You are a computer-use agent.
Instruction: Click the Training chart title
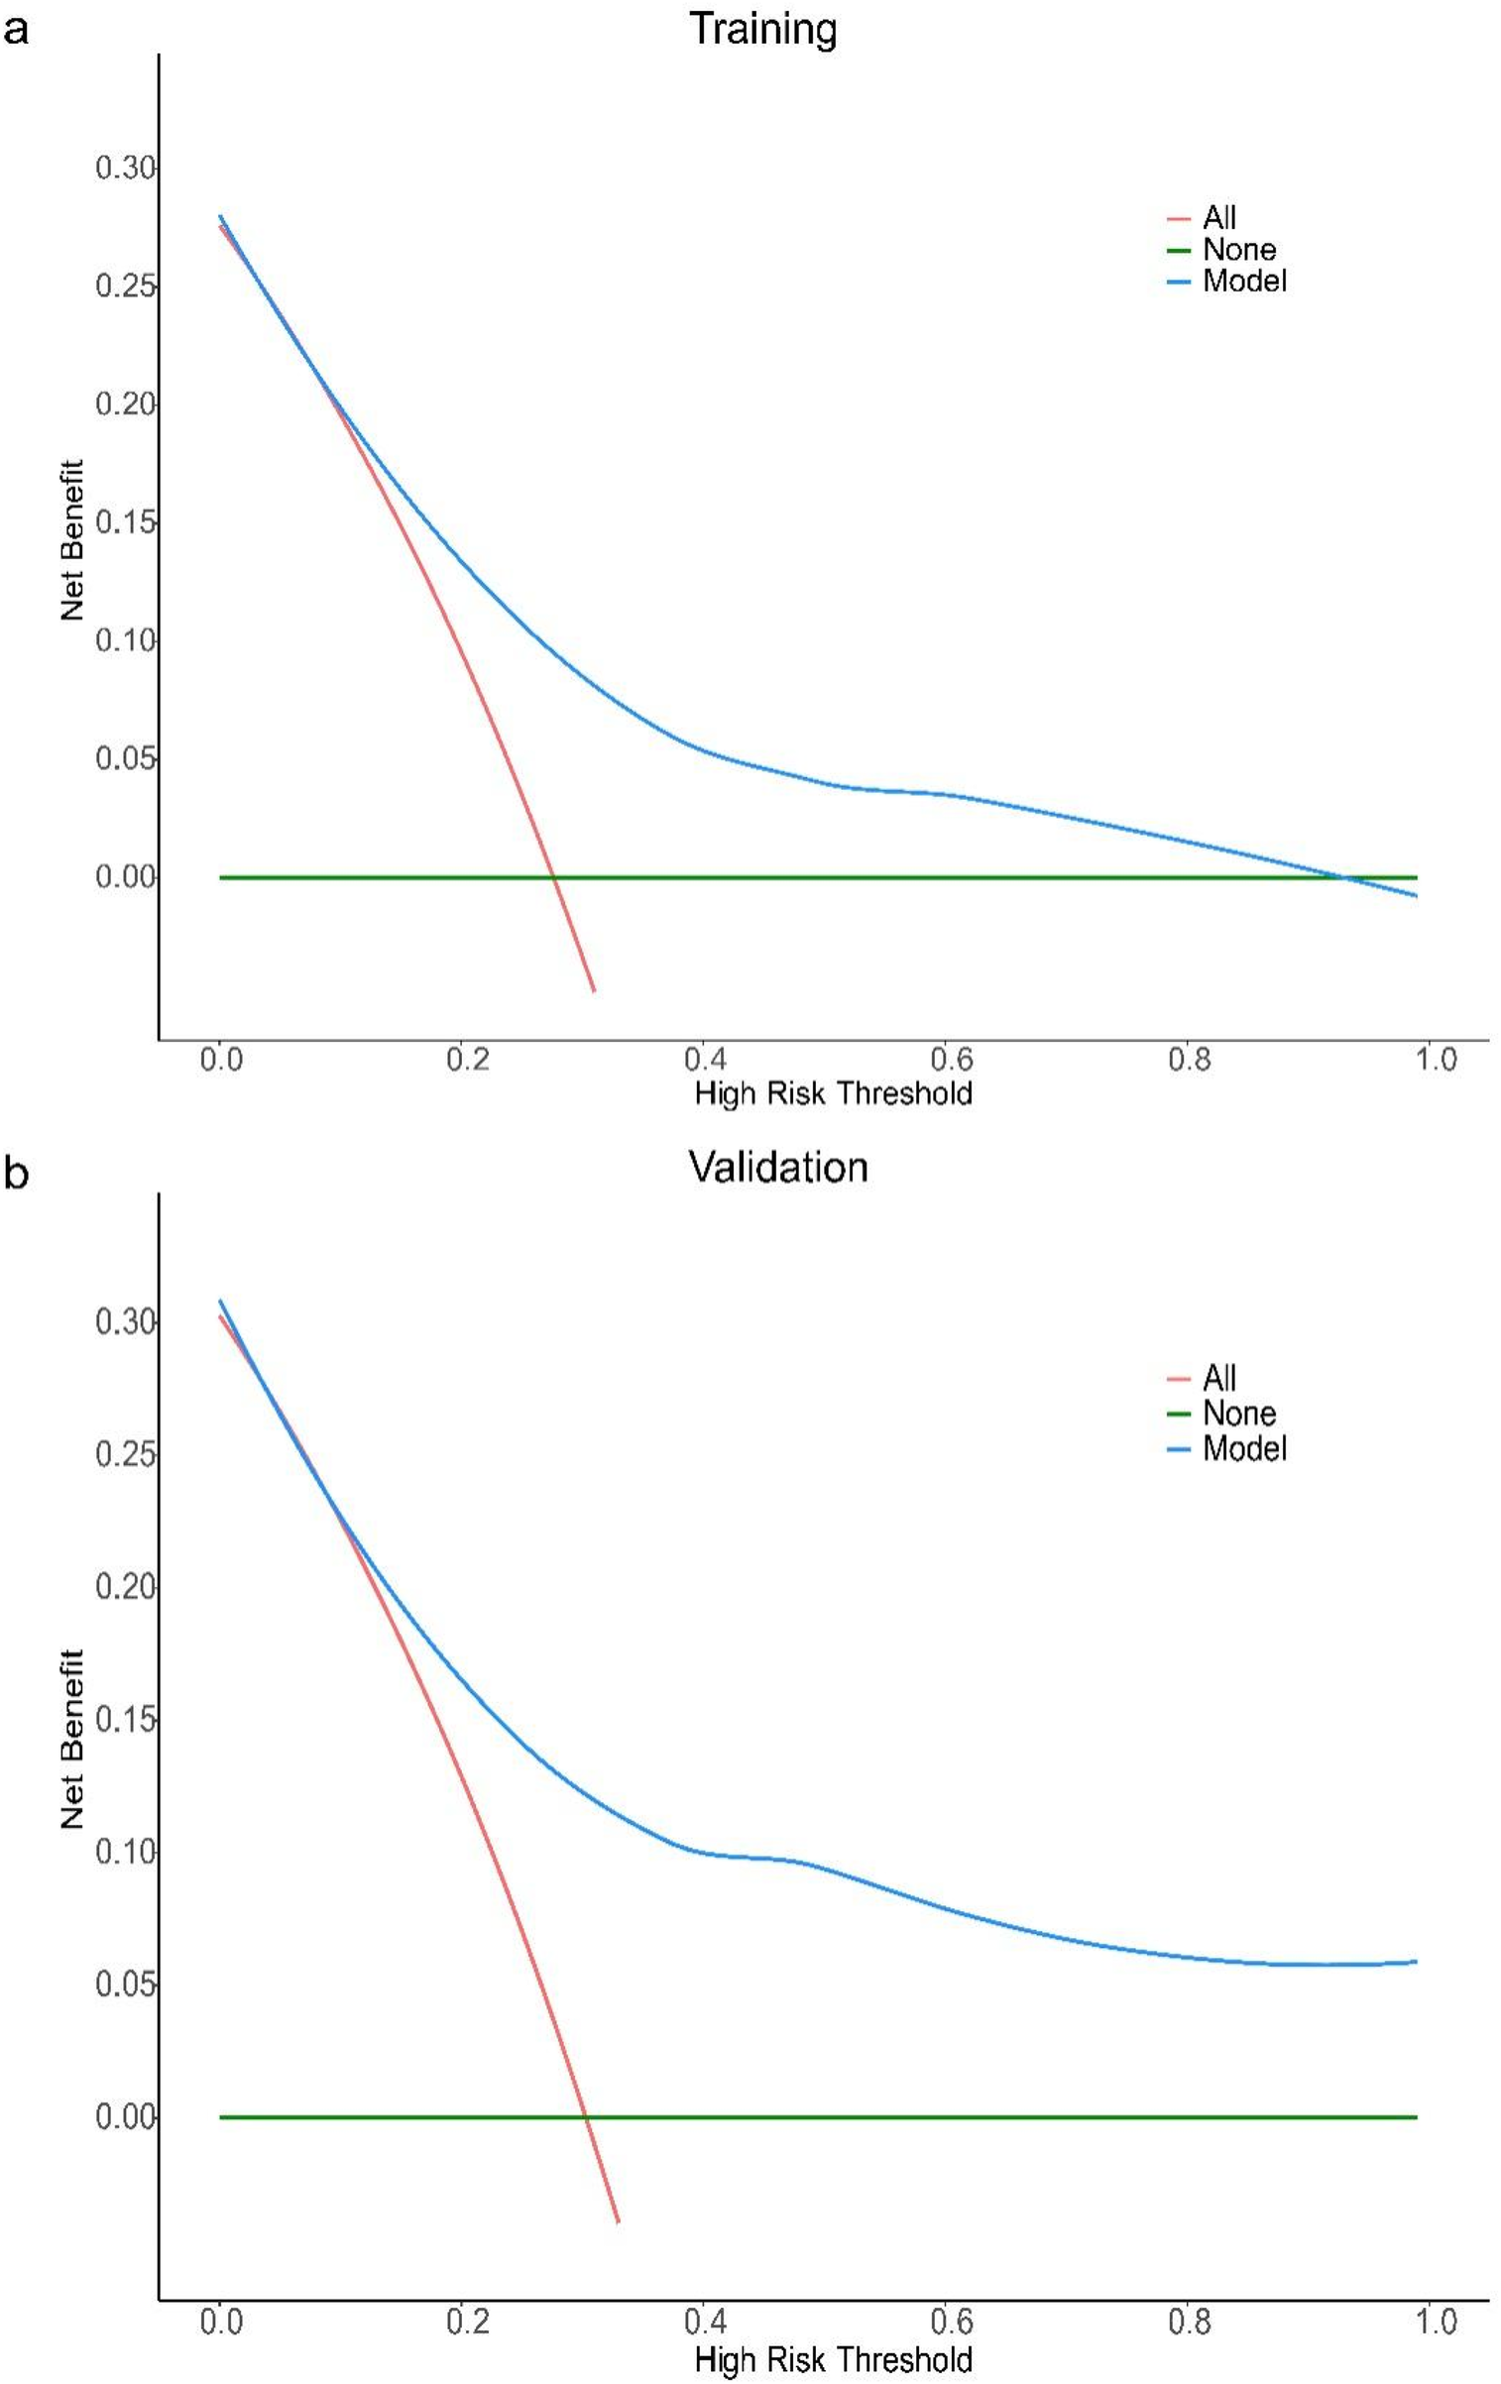coord(762,29)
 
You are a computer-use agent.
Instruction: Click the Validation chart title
coord(777,1167)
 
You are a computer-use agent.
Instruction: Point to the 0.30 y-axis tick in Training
coord(125,168)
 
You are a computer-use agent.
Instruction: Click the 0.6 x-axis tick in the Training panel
coord(951,1060)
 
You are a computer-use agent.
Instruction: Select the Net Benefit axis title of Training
coord(72,540)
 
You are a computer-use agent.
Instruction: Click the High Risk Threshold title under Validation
coord(833,2359)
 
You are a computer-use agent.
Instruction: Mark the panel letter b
coord(16,1173)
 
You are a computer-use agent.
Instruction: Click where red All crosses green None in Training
coord(553,877)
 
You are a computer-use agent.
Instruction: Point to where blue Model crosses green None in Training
coord(1344,877)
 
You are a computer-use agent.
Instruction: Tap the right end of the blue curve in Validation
coord(1416,1961)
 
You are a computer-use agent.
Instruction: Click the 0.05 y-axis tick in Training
coord(125,758)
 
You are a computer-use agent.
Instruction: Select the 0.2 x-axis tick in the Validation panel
coord(467,2322)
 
